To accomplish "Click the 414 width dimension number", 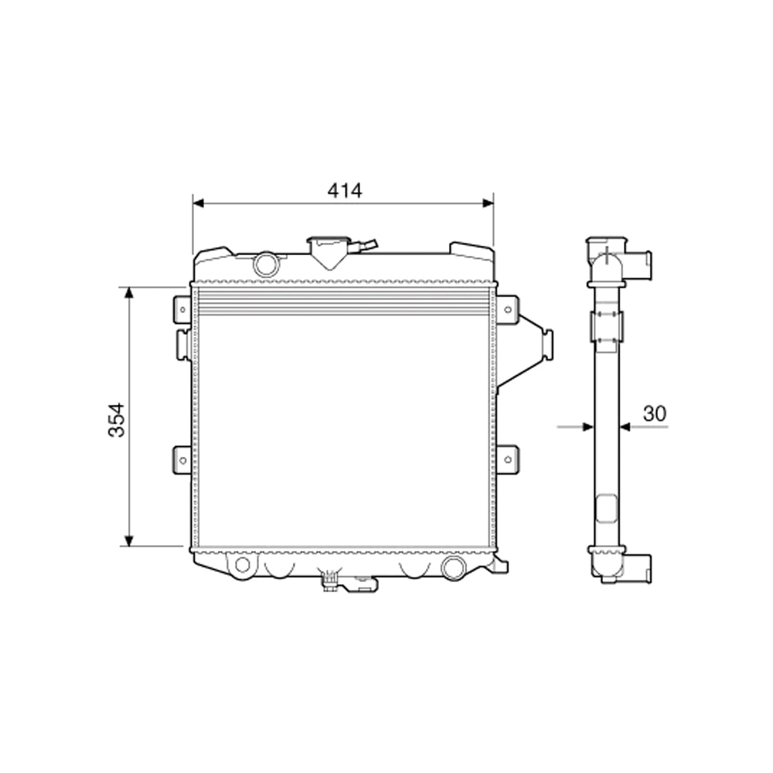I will tap(345, 190).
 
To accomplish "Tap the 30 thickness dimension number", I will tap(654, 414).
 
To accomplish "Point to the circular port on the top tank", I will tap(266, 263).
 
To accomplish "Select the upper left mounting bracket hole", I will tap(182, 308).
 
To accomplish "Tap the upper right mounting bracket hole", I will tap(507, 308).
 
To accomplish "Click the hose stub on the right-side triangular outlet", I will tap(548, 343).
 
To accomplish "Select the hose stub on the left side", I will tap(182, 344).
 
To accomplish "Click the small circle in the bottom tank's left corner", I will tap(243, 564).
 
